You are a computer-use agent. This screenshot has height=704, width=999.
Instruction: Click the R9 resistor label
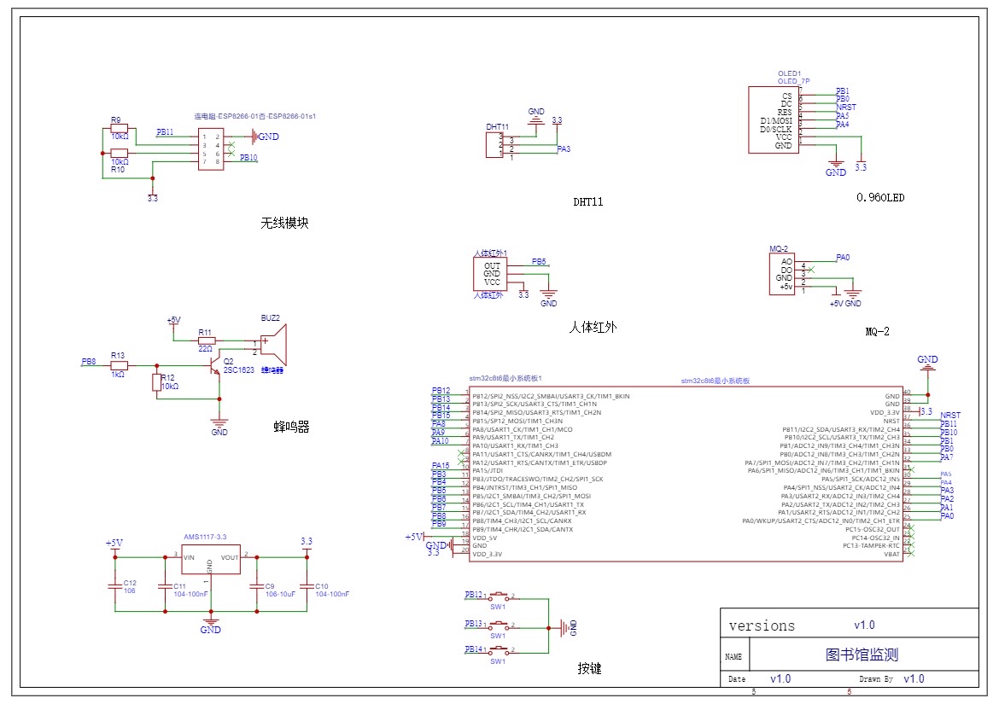[x=116, y=120]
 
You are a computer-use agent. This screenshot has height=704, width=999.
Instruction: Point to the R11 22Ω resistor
[x=205, y=340]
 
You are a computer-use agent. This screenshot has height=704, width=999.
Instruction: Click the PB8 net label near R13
[x=88, y=363]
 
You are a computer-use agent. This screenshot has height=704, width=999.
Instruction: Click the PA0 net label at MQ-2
[x=843, y=257]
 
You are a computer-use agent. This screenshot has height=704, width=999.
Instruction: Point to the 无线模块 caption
[x=284, y=224]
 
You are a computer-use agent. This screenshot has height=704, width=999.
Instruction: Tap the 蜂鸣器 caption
[x=291, y=427]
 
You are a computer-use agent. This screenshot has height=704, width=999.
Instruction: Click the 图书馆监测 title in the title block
[x=862, y=655]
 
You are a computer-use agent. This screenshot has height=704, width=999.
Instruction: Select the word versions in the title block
[x=762, y=625]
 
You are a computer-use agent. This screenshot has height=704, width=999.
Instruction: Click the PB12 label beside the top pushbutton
[x=473, y=594]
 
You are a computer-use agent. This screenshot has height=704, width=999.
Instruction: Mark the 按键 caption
[x=589, y=669]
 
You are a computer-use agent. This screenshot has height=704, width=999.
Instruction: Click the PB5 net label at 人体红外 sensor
[x=540, y=262]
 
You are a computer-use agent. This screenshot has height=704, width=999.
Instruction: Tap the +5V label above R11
[x=173, y=320]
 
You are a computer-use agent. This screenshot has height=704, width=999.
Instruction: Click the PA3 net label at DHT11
[x=564, y=149]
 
